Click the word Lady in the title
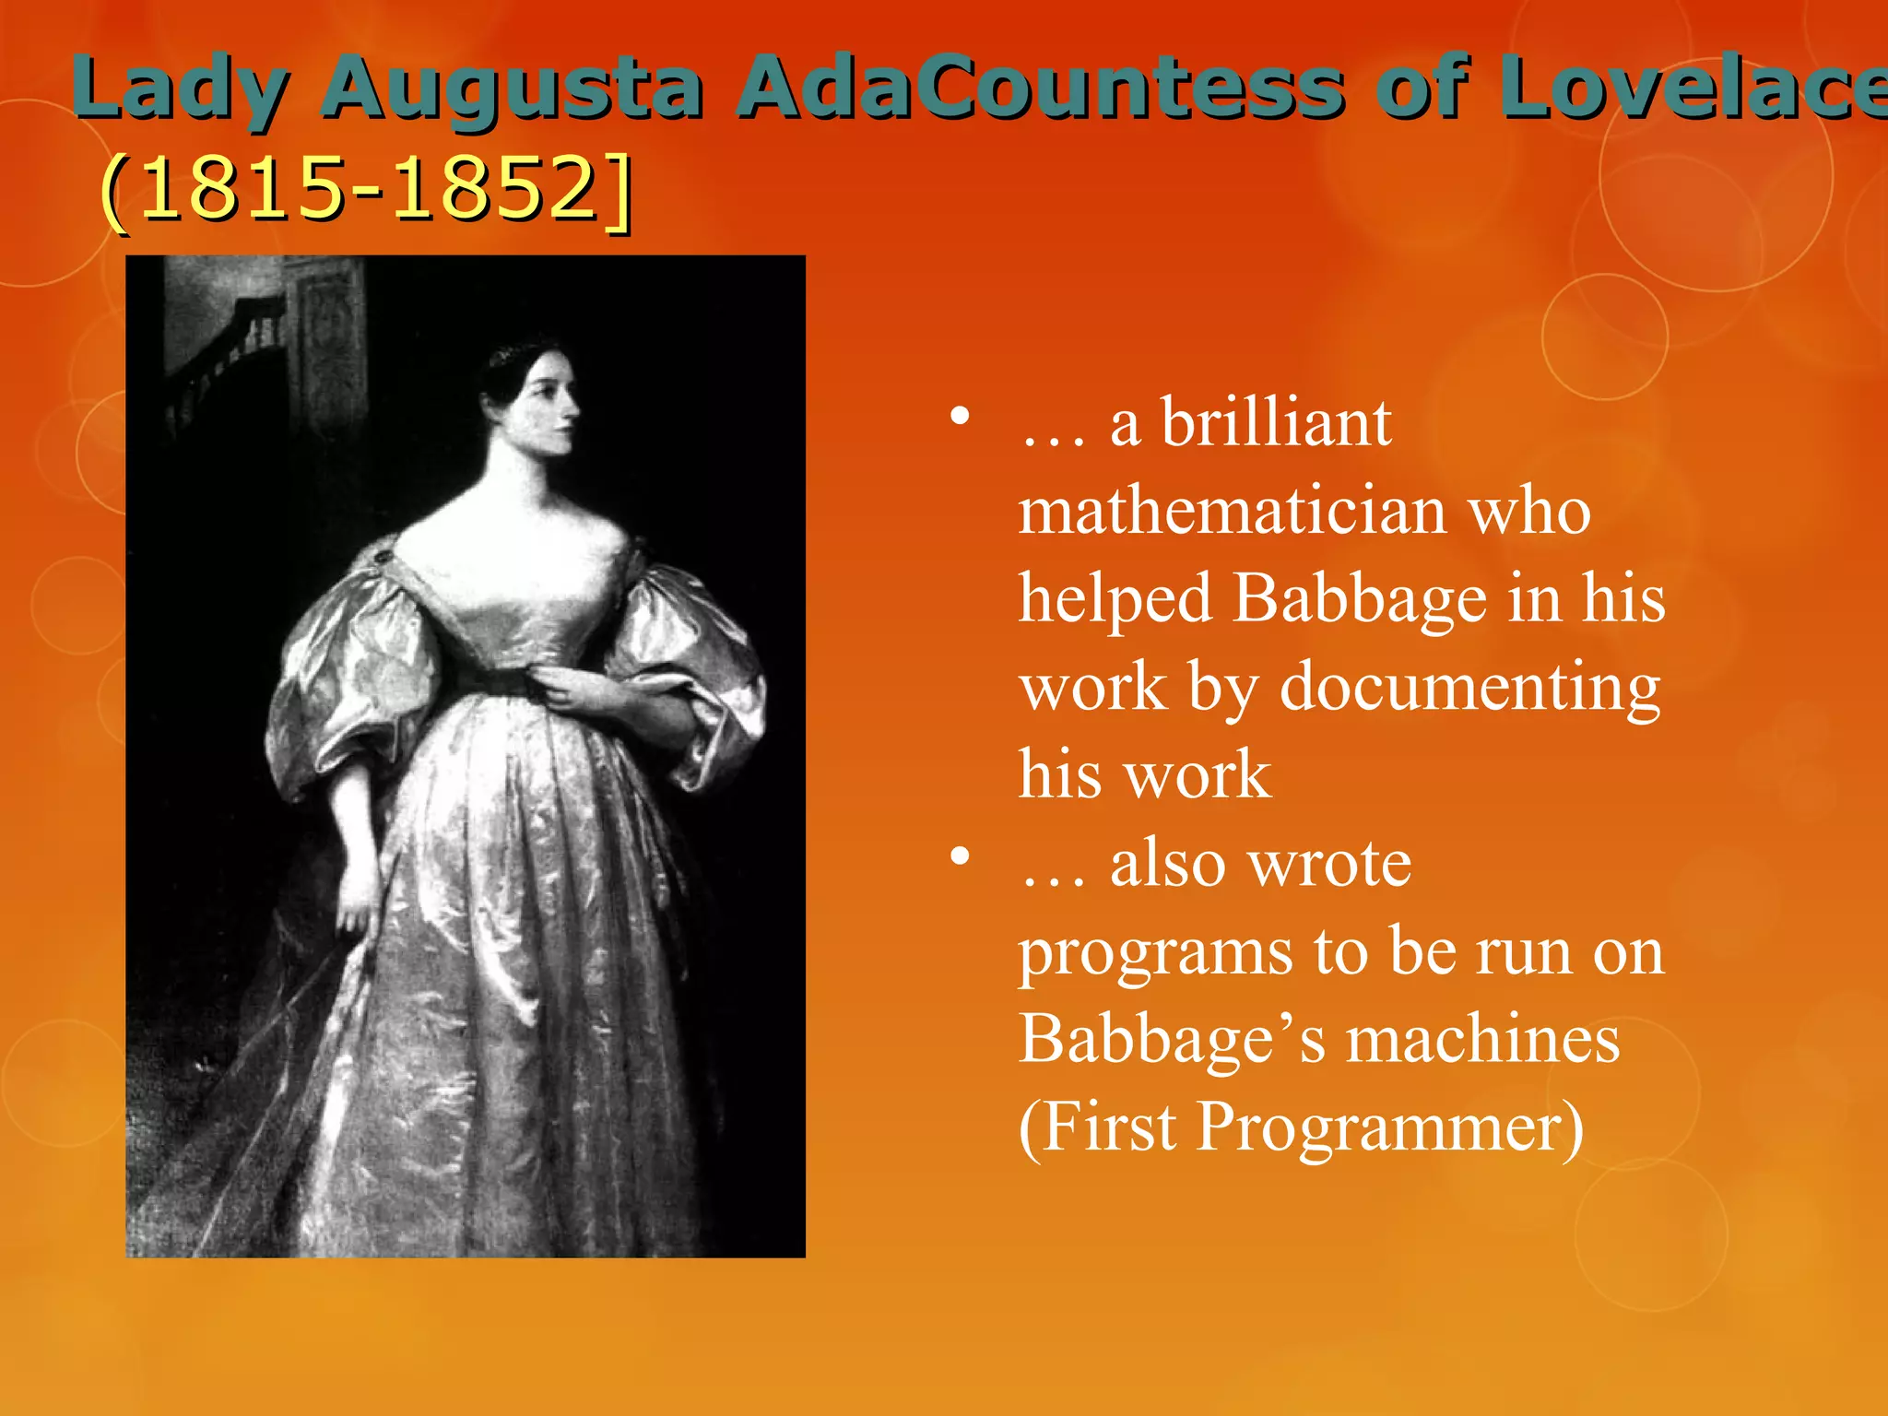tap(179, 89)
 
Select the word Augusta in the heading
tap(513, 89)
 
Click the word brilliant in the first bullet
tap(1276, 424)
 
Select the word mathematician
tap(1232, 512)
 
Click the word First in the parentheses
tap(1110, 1127)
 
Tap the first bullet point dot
tap(961, 418)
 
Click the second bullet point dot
tap(961, 858)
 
